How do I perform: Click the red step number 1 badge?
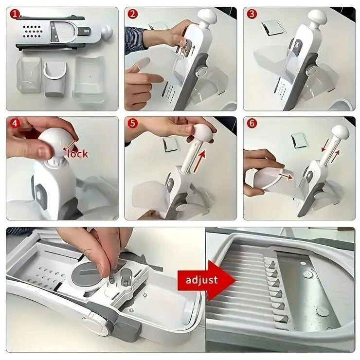(15, 14)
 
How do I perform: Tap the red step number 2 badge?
(133, 14)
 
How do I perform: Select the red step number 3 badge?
(252, 14)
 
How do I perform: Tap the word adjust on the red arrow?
(202, 280)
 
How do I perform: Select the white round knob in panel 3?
(317, 18)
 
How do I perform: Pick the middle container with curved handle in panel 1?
(55, 78)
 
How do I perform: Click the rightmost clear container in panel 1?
(89, 79)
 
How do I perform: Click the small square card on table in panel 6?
(299, 141)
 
